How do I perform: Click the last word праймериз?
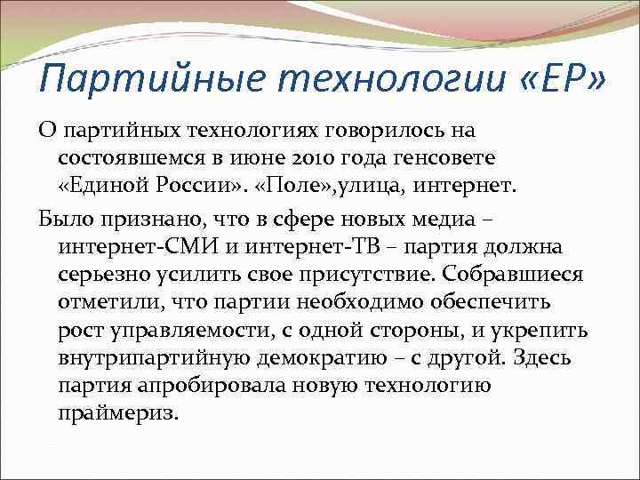(x=117, y=415)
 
